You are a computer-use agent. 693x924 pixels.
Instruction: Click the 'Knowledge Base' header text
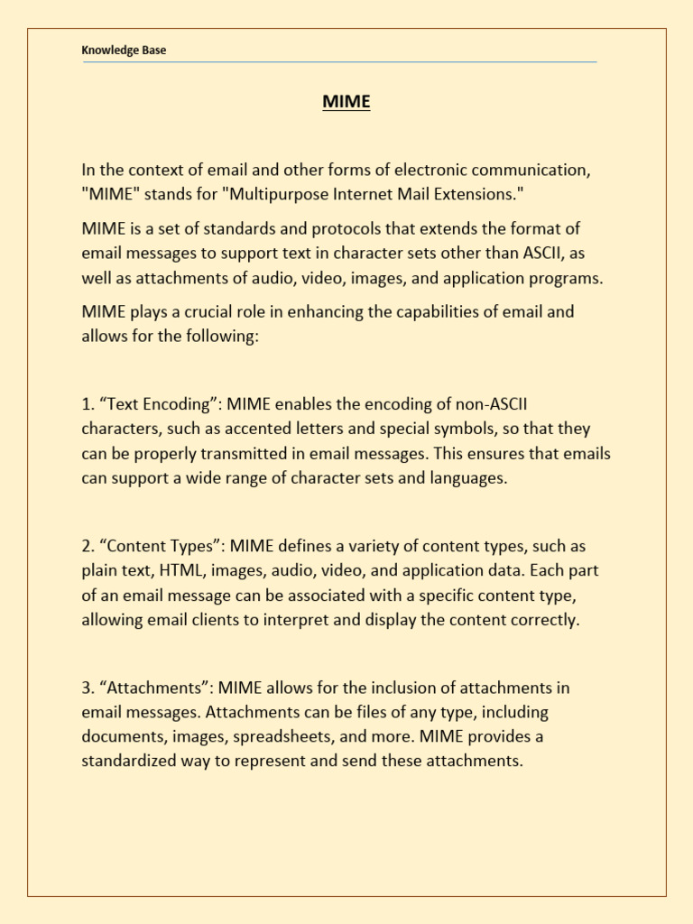tap(124, 51)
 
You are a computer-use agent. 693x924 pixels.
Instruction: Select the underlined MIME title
tap(346, 102)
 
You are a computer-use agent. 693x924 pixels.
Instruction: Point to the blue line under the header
tap(339, 62)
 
